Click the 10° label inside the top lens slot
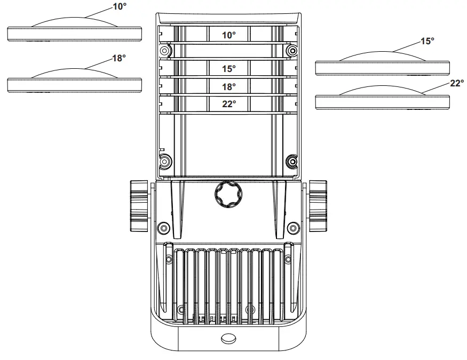(x=228, y=35)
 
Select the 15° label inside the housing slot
(x=228, y=69)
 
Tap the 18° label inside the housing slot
(x=228, y=86)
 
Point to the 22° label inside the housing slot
(x=228, y=104)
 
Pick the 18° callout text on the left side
(x=118, y=58)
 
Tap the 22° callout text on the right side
(x=457, y=83)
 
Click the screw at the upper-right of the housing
(x=291, y=51)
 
